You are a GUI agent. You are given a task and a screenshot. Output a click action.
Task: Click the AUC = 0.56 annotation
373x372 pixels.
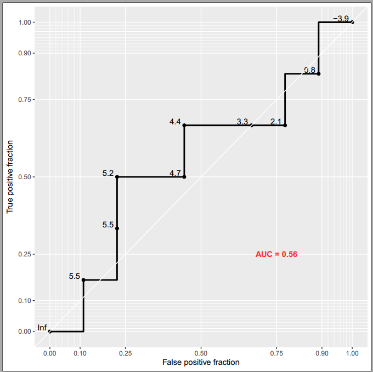276,254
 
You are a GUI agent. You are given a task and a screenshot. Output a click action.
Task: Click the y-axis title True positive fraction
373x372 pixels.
10,177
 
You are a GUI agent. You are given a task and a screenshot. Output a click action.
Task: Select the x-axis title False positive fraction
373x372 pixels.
201,362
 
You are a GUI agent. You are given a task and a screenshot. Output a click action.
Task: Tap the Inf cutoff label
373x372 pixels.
42,328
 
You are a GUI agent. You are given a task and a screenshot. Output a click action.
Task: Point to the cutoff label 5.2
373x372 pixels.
108,173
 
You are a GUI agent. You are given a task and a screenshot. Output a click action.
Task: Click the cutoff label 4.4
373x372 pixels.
176,122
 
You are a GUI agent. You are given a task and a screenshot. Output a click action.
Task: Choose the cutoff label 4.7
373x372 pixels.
176,173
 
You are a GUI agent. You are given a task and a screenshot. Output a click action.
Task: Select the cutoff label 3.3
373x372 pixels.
242,122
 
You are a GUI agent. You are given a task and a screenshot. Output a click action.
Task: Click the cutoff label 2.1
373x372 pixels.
276,122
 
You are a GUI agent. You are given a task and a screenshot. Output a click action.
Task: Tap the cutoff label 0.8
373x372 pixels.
309,70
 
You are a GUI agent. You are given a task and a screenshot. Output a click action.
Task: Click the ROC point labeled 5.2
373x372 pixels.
117,177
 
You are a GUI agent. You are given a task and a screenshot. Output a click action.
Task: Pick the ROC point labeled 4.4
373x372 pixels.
184,125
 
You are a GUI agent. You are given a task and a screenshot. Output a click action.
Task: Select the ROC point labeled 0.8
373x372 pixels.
318,73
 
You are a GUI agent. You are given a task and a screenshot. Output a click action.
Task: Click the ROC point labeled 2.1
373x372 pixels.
285,125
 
